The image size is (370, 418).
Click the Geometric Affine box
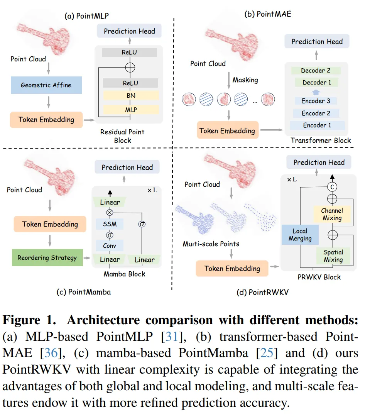coord(46,85)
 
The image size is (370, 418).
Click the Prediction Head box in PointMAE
coord(317,42)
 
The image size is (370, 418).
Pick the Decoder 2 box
coord(316,71)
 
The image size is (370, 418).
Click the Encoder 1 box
coord(317,125)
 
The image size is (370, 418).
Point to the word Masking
coord(245,80)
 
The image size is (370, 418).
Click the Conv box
coord(110,245)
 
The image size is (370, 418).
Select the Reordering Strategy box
coord(47,257)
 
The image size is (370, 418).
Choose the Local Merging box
coord(300,235)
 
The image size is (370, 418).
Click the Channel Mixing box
coord(332,214)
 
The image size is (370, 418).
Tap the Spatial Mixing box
coord(333,256)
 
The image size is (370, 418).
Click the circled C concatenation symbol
coord(332,186)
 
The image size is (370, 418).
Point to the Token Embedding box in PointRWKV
coord(232,269)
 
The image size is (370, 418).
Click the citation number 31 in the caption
coord(171,337)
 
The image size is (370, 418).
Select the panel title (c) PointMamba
coord(83,292)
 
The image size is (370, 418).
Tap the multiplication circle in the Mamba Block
coord(110,212)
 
